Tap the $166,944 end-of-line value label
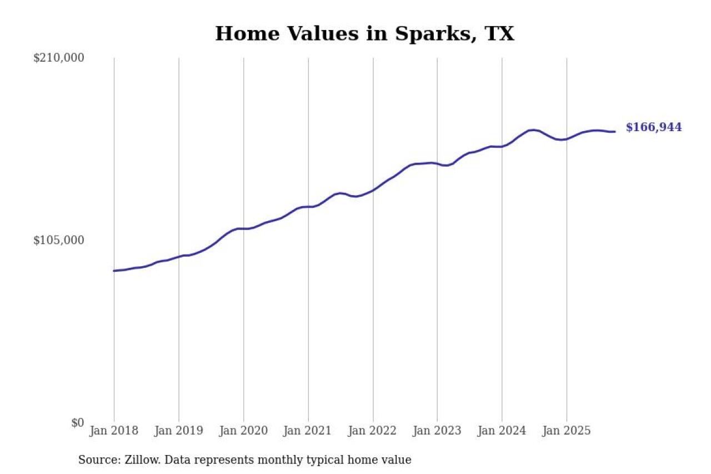coord(654,128)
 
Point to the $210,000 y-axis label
coord(59,58)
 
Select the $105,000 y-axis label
coord(59,240)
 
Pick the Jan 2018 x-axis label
coord(114,431)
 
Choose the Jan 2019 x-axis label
coord(179,431)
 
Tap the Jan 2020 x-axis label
coord(243,431)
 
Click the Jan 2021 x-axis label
coord(308,431)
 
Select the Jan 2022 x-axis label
coord(373,431)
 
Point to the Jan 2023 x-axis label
coord(437,431)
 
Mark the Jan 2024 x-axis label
coord(502,431)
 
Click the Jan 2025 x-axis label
coord(567,431)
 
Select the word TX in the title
coord(499,34)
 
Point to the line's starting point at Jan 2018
coord(114,271)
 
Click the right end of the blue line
coord(614,132)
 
